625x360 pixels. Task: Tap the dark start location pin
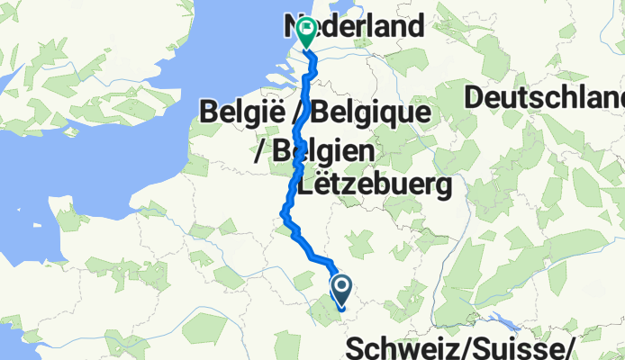(342, 290)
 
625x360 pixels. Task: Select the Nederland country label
(355, 26)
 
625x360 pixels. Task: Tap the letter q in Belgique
(389, 117)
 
